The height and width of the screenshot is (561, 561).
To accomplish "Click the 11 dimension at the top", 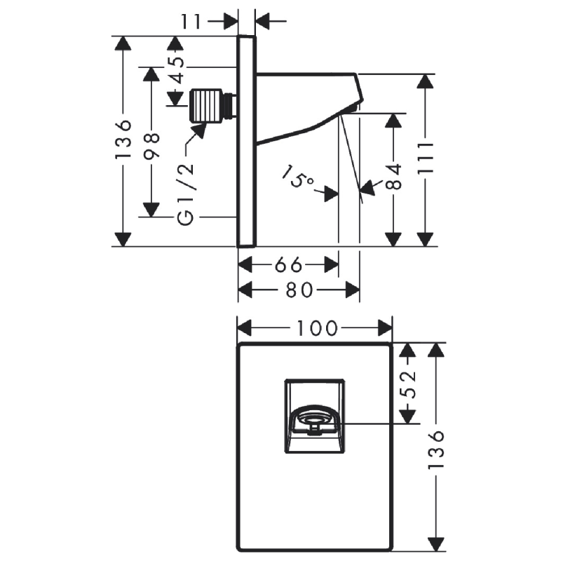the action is pyautogui.click(x=191, y=22).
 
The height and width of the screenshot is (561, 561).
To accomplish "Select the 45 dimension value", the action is pyautogui.click(x=177, y=69).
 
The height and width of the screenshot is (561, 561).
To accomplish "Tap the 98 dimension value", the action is pyautogui.click(x=151, y=145).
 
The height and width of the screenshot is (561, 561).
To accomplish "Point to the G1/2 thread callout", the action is pyautogui.click(x=186, y=194).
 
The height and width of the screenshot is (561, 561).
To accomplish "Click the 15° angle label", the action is pyautogui.click(x=297, y=176).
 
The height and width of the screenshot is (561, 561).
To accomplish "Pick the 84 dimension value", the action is pyautogui.click(x=394, y=177).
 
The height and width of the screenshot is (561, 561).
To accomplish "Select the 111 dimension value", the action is pyautogui.click(x=426, y=158).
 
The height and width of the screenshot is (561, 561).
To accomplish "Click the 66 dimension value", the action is pyautogui.click(x=288, y=265).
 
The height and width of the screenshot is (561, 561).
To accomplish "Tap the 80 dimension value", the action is pyautogui.click(x=299, y=290).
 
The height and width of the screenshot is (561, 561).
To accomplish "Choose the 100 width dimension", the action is pyautogui.click(x=318, y=328).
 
